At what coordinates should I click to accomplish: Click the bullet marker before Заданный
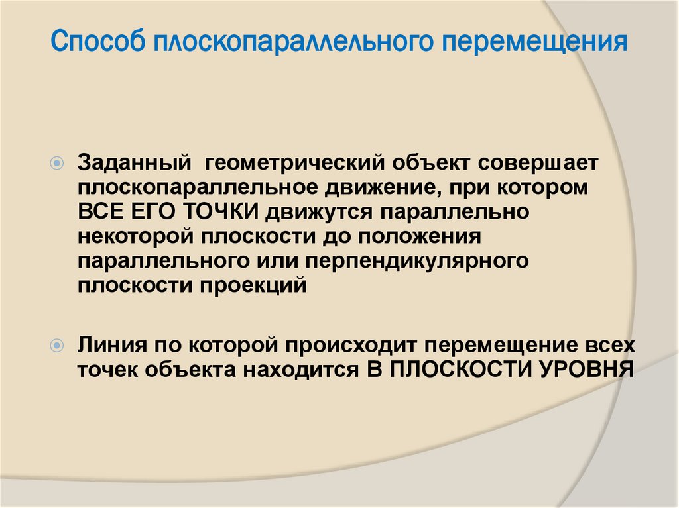click(58, 162)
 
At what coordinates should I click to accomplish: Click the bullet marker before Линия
click(58, 345)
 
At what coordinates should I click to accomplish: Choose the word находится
click(305, 370)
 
